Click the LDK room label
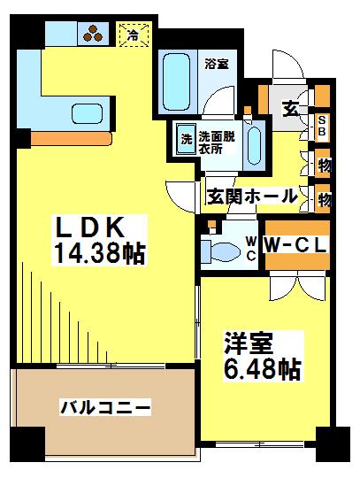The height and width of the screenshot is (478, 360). pyautogui.click(x=86, y=227)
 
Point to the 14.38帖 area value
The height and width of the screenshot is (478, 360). pyautogui.click(x=98, y=255)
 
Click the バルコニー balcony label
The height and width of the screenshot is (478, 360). pyautogui.click(x=105, y=407)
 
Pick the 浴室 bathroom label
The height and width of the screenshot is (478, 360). pyautogui.click(x=217, y=63)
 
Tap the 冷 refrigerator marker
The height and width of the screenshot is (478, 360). pyautogui.click(x=132, y=36)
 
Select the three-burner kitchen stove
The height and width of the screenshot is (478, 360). pyautogui.click(x=92, y=35)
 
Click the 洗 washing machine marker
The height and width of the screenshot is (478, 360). pyautogui.click(x=187, y=138)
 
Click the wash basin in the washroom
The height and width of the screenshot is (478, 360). pyautogui.click(x=254, y=142)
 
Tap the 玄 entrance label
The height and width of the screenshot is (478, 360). pyautogui.click(x=288, y=108)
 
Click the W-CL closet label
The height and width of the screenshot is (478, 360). pyautogui.click(x=295, y=241)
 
